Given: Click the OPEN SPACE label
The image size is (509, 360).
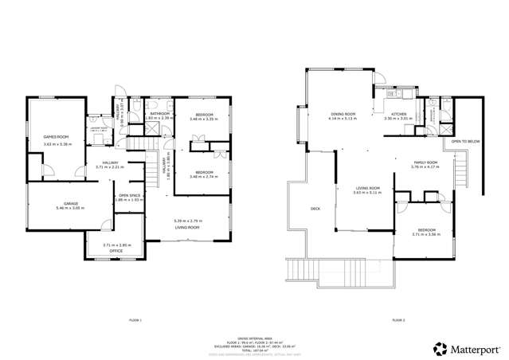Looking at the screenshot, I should (129, 194).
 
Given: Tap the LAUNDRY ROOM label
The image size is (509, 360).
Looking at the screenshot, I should (99, 127).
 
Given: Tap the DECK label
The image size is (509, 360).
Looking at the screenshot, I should (315, 209).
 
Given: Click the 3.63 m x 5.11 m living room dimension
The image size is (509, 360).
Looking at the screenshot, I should (367, 192).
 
